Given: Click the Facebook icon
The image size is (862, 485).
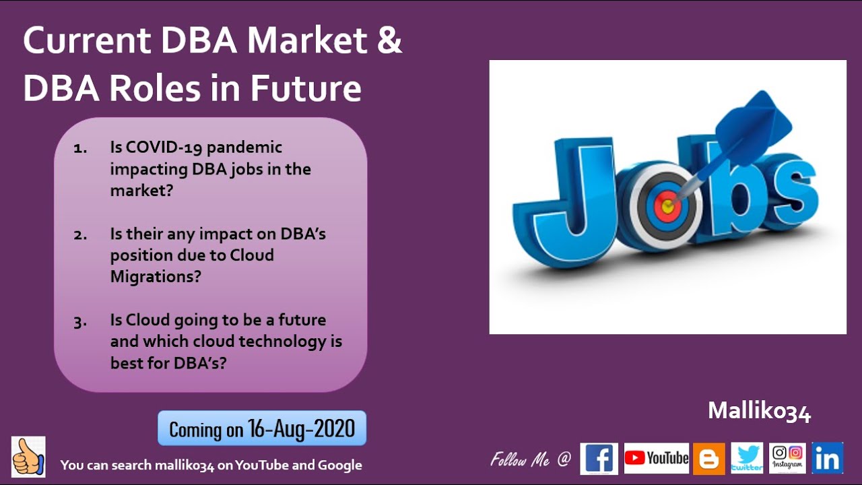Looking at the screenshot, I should point(599,459).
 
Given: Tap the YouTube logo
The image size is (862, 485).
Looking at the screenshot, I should point(656,459).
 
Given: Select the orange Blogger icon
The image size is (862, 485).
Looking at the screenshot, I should point(709,459).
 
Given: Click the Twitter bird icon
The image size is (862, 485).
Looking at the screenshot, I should point(747,458).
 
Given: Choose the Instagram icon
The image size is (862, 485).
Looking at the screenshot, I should point(787,458).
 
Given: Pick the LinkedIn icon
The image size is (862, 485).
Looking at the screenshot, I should point(827,458).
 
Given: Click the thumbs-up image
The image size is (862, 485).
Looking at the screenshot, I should point(28,457).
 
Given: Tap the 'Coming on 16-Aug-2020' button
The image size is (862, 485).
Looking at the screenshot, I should point(262,428).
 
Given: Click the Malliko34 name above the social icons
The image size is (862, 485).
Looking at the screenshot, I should point(759,412).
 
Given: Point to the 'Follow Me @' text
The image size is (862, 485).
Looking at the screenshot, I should point(531,459).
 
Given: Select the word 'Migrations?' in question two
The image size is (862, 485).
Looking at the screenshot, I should point(156,276).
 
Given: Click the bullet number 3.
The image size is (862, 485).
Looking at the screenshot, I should point(81,321).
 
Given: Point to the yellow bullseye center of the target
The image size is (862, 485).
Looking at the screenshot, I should point(667,205).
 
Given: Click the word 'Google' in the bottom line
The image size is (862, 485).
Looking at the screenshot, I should point(339,465).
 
